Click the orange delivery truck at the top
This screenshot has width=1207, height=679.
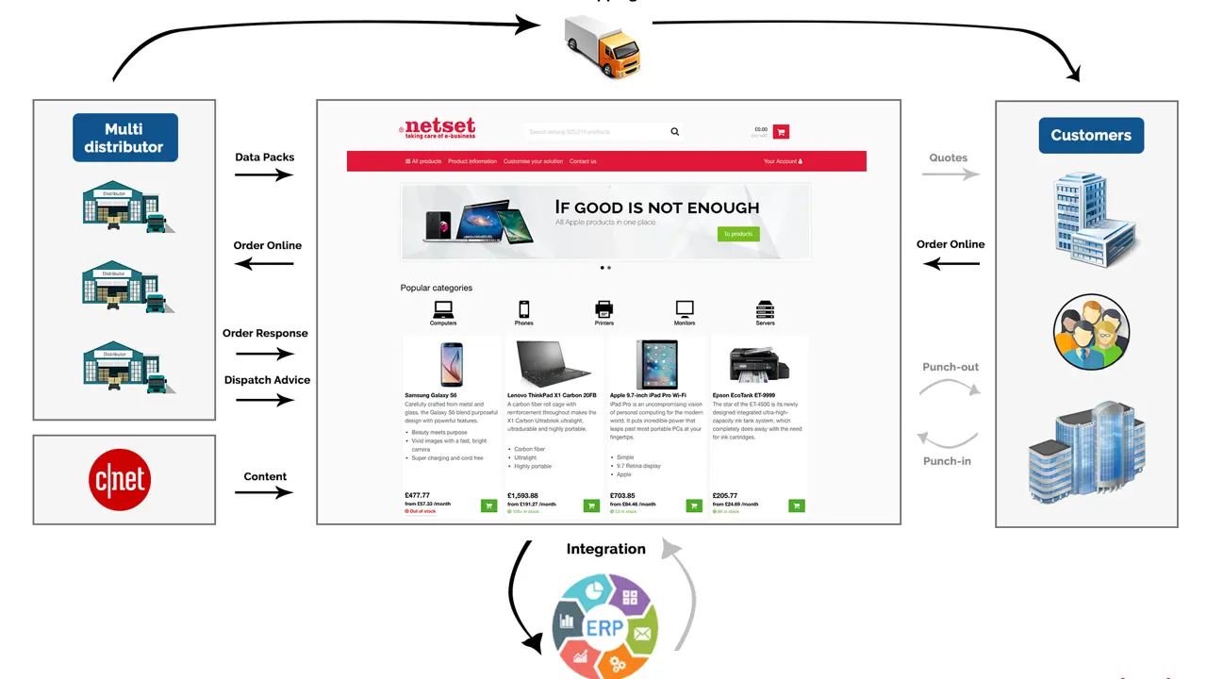click(x=603, y=46)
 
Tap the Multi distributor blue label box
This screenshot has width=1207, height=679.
click(x=124, y=138)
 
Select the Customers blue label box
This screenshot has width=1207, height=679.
click(x=1091, y=135)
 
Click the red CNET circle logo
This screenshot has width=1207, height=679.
click(x=124, y=479)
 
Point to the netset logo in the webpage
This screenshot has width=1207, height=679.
click(x=438, y=129)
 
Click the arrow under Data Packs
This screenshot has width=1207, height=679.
click(x=264, y=175)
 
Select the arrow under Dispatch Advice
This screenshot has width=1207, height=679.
click(x=264, y=400)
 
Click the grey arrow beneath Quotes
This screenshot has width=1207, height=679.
click(x=951, y=174)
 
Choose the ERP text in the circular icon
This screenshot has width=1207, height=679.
click(x=603, y=628)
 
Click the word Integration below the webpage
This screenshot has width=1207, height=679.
click(x=606, y=549)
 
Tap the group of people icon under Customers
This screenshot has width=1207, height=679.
click(x=1091, y=332)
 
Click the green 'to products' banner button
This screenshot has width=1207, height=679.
click(x=738, y=234)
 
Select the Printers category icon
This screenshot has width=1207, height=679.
click(x=604, y=308)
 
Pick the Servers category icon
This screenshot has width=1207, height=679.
click(x=765, y=308)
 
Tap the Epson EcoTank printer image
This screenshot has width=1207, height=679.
click(x=753, y=364)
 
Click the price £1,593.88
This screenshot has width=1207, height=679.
click(x=522, y=495)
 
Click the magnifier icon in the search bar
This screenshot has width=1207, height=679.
click(x=675, y=132)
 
